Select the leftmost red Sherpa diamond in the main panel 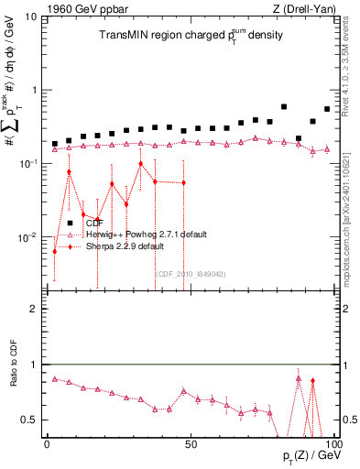[55, 251]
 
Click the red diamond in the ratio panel [312, 381]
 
